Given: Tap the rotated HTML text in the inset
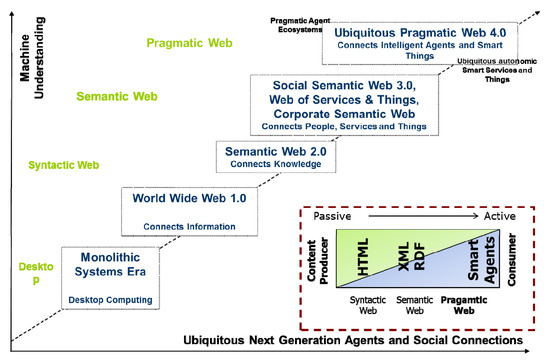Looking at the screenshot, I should pyautogui.click(x=362, y=259).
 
